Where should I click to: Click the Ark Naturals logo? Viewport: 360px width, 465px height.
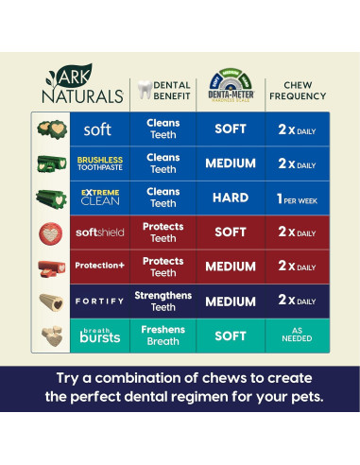pyautogui.click(x=82, y=83)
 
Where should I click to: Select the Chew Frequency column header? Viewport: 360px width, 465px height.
pyautogui.click(x=297, y=89)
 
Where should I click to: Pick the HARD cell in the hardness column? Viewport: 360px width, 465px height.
pyautogui.click(x=231, y=198)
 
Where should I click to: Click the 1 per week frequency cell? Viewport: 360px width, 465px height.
pyautogui.click(x=297, y=198)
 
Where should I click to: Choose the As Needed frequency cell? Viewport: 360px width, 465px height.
pyautogui.click(x=297, y=336)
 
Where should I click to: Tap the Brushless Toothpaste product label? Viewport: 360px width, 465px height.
pyautogui.click(x=98, y=164)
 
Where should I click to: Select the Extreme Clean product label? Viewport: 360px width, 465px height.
pyautogui.click(x=98, y=198)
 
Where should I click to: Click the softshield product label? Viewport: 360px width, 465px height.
pyautogui.click(x=98, y=232)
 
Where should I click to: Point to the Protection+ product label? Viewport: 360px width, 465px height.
pyautogui.click(x=98, y=266)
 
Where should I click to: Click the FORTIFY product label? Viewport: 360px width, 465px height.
pyautogui.click(x=98, y=301)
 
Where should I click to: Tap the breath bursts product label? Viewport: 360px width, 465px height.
pyautogui.click(x=98, y=336)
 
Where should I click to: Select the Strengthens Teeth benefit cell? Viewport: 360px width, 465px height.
pyautogui.click(x=163, y=301)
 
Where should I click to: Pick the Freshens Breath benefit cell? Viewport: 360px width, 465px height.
pyautogui.click(x=163, y=336)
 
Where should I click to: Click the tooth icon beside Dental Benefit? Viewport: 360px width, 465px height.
pyautogui.click(x=144, y=89)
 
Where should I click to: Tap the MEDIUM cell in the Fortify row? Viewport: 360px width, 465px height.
pyautogui.click(x=231, y=301)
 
